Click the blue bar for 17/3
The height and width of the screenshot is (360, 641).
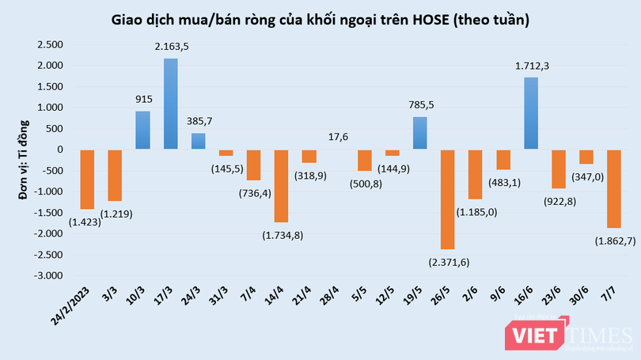pos(171,104)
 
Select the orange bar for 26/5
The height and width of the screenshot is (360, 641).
pos(448,199)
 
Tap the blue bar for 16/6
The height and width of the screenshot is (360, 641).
pos(531,113)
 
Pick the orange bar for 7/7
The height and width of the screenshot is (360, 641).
pos(614,188)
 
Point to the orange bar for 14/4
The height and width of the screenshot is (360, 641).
pos(282,185)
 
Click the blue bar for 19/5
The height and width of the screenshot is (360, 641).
pos(420,133)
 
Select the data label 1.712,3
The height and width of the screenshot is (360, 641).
pos(531,67)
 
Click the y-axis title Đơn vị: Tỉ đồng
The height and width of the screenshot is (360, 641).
pos(23,159)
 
